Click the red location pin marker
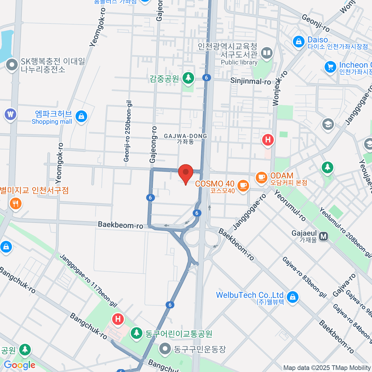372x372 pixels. coord(186,172)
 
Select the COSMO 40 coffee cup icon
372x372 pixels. coord(243,185)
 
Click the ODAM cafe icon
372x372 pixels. coord(261,177)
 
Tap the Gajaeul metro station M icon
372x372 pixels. coord(324,237)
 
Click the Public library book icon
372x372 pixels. coord(267,53)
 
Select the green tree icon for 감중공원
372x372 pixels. coord(188,77)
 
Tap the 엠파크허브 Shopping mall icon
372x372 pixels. coord(81,117)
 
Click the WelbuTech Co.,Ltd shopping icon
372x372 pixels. coord(292,297)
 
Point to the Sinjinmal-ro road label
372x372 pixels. coord(250,81)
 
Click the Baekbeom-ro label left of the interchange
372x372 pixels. coord(120,225)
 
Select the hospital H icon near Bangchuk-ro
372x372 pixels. coord(118,319)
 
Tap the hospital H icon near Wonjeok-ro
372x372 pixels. coord(268,140)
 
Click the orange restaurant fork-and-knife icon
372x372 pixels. coord(15,204)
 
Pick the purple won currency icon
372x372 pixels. coord(10,114)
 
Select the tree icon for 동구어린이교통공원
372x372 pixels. coord(136,333)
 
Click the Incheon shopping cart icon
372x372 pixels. coord(330,67)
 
